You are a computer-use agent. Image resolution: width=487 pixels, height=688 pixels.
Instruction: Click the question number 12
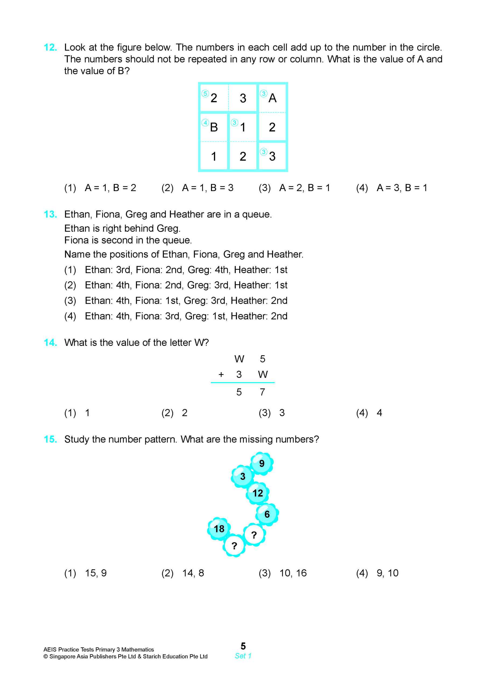50,47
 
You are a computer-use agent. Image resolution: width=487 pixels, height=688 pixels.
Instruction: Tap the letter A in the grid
272,98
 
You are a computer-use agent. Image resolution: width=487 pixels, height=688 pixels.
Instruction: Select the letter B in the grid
214,127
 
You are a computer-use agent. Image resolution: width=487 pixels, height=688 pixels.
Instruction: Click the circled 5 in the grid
205,94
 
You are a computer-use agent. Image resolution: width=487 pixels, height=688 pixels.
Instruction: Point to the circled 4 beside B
205,123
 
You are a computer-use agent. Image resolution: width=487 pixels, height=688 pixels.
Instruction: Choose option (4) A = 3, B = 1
391,188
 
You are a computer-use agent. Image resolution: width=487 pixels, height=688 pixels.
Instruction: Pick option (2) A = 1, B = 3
197,188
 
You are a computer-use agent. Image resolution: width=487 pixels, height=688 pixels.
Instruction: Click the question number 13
50,214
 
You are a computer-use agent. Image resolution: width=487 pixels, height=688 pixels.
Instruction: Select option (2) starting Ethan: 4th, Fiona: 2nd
176,285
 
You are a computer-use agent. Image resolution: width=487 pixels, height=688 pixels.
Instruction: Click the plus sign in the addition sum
221,374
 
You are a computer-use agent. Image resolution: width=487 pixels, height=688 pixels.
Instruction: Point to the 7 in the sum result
262,392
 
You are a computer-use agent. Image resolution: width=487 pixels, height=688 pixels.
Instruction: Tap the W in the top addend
239,359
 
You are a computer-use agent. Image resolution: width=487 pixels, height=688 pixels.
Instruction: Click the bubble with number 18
219,529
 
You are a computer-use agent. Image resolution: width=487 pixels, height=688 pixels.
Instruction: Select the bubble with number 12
257,493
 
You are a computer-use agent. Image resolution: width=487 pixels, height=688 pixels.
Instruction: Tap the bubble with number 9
262,464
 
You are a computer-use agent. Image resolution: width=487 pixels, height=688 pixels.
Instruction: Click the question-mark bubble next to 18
234,546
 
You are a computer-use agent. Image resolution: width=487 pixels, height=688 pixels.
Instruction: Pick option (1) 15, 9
86,573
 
